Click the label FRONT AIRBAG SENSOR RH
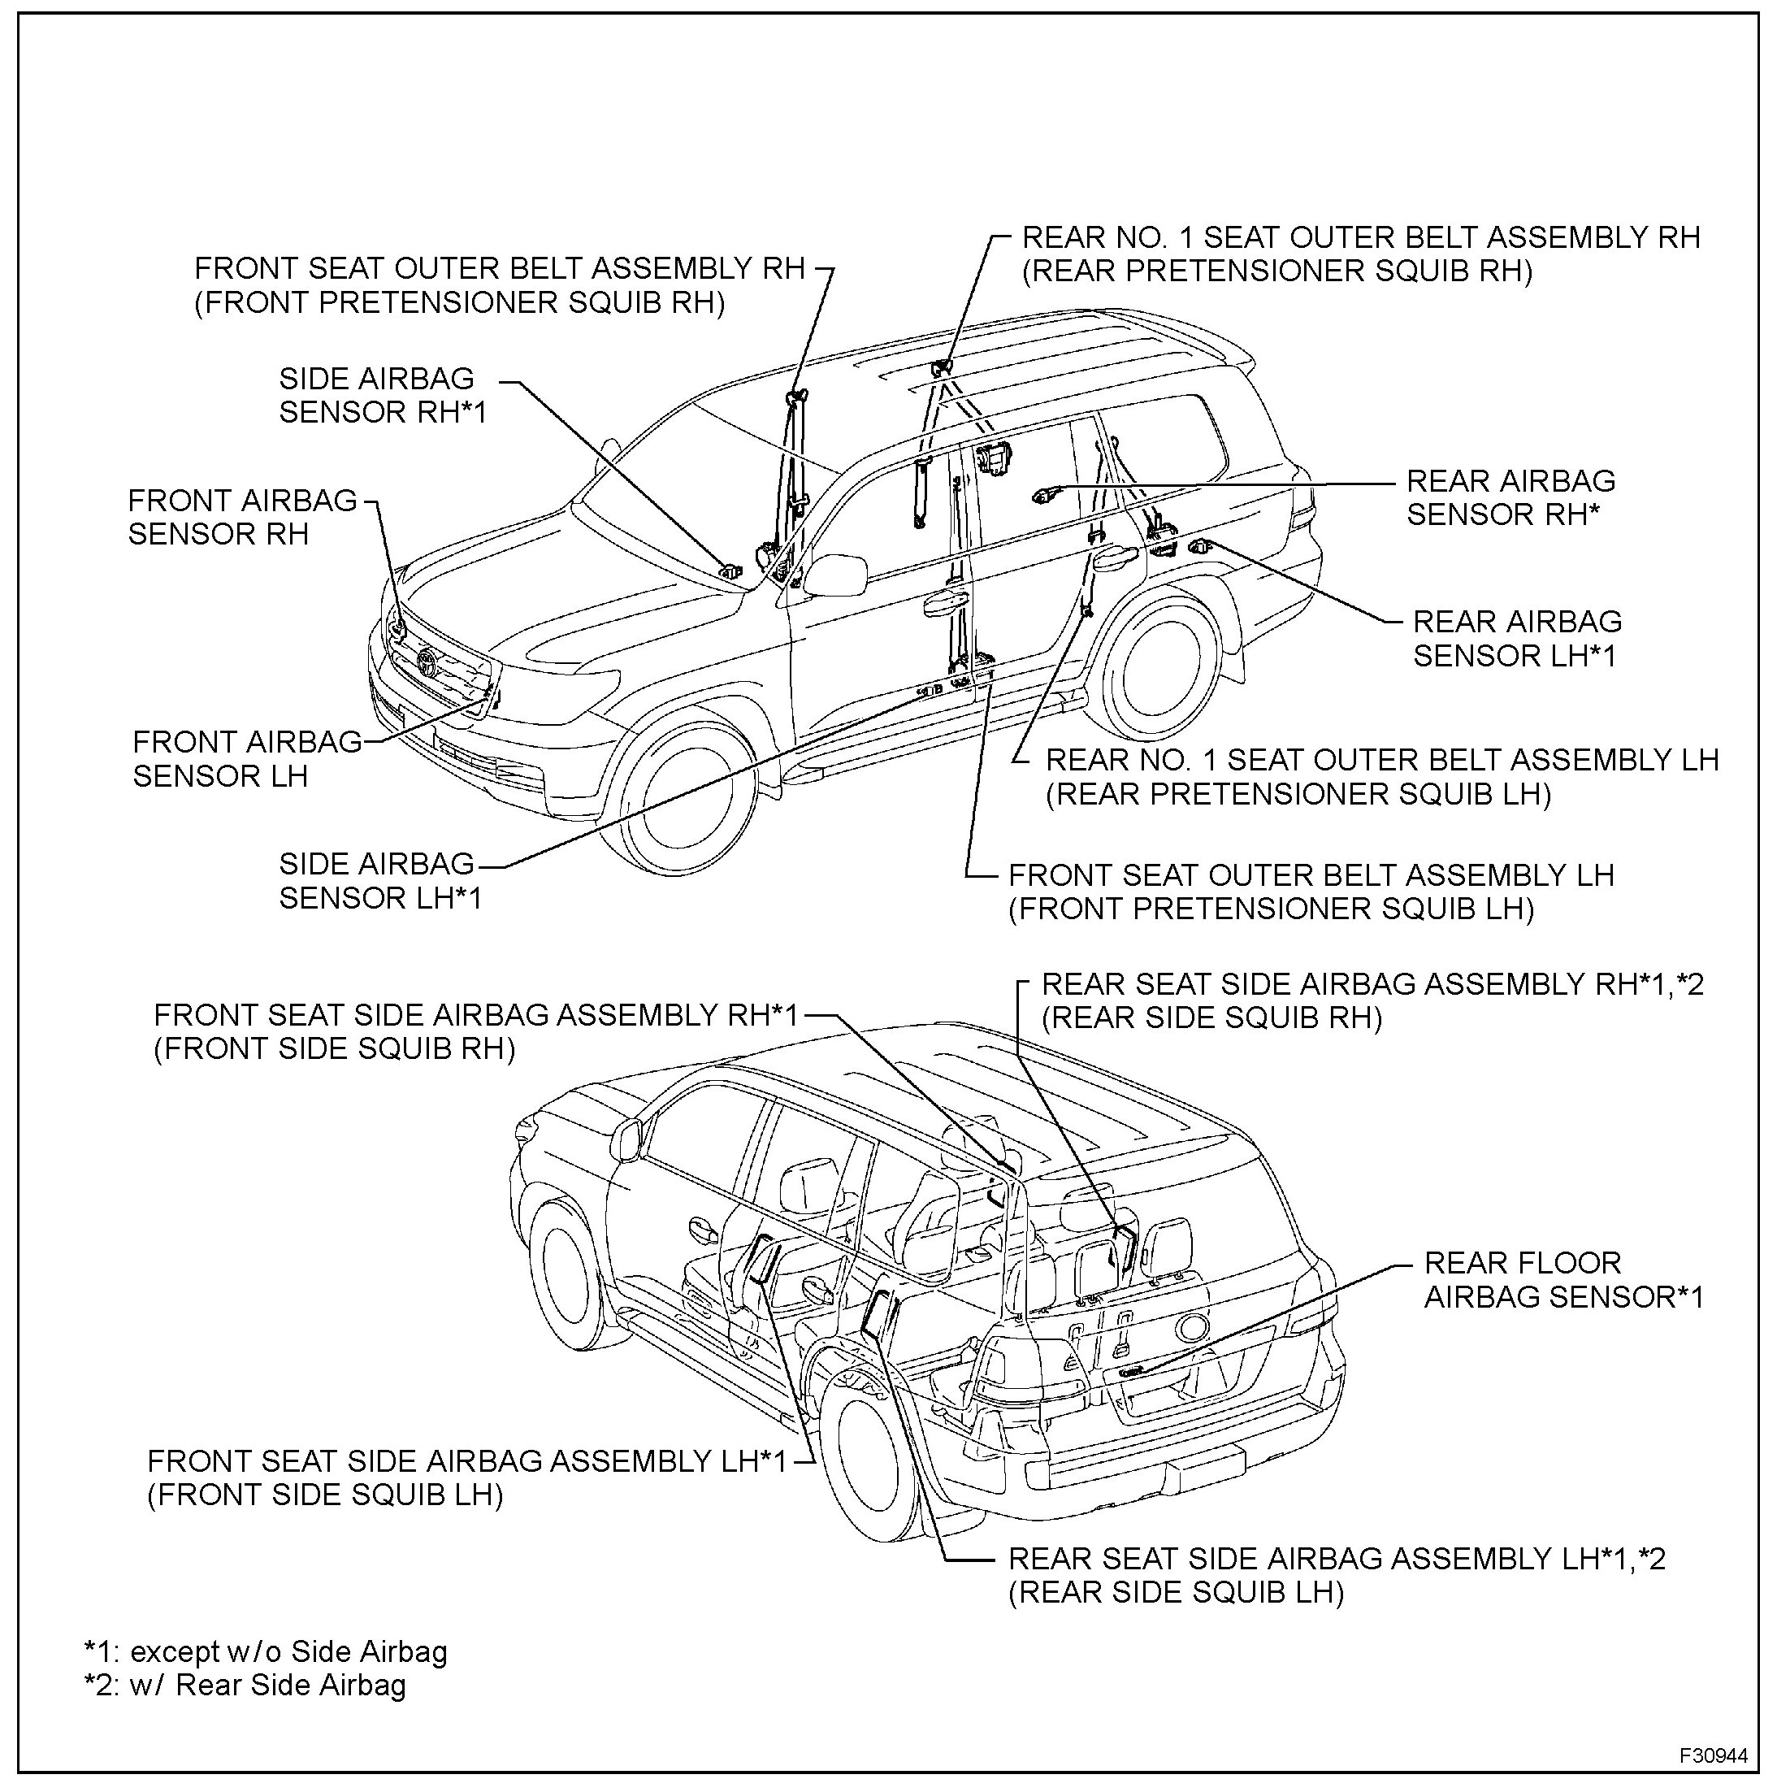tap(241, 518)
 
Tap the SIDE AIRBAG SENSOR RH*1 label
tap(382, 395)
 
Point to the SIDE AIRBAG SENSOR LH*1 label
tap(380, 881)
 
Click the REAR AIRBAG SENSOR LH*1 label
tap(1515, 639)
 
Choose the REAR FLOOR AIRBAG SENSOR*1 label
tap(1562, 1280)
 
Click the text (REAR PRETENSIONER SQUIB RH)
tap(1276, 271)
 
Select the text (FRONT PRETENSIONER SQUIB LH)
tap(1271, 909)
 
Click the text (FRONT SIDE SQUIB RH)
tap(334, 1049)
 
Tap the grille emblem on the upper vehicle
tap(427, 662)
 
